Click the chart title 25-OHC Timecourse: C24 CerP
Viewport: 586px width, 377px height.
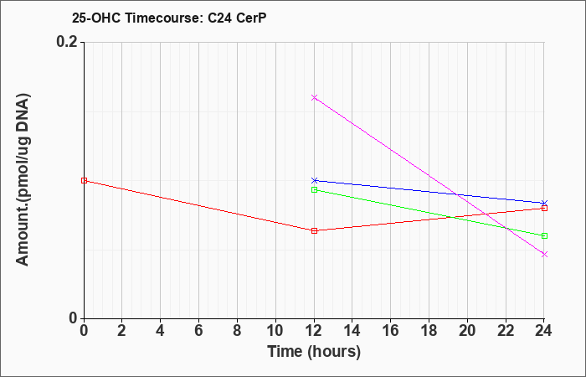tap(169, 18)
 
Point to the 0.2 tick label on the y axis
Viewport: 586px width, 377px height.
tap(67, 42)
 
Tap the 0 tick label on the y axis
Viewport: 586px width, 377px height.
tap(73, 318)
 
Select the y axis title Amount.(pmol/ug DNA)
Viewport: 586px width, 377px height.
tap(23, 180)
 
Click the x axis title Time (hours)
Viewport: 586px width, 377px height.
tap(314, 352)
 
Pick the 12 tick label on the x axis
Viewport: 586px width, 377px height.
tap(314, 331)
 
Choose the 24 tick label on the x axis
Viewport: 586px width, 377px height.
tap(544, 331)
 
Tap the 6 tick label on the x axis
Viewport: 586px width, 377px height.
tap(198, 331)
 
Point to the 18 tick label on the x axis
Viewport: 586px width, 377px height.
tap(429, 331)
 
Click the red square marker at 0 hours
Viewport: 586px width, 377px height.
tap(84, 181)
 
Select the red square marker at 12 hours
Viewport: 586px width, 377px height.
tap(314, 230)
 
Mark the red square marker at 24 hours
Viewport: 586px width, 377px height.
tap(544, 209)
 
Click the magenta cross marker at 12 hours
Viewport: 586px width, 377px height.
tap(314, 98)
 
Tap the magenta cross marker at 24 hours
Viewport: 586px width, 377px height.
tap(544, 255)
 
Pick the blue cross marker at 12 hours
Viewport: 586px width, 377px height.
tap(314, 181)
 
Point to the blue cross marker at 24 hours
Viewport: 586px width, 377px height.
tap(544, 203)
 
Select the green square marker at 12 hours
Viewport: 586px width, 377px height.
tap(314, 189)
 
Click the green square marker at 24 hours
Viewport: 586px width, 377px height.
tap(544, 235)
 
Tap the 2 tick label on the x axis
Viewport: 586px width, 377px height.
tap(122, 331)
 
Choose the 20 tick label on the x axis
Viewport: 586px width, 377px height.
tap(467, 331)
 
